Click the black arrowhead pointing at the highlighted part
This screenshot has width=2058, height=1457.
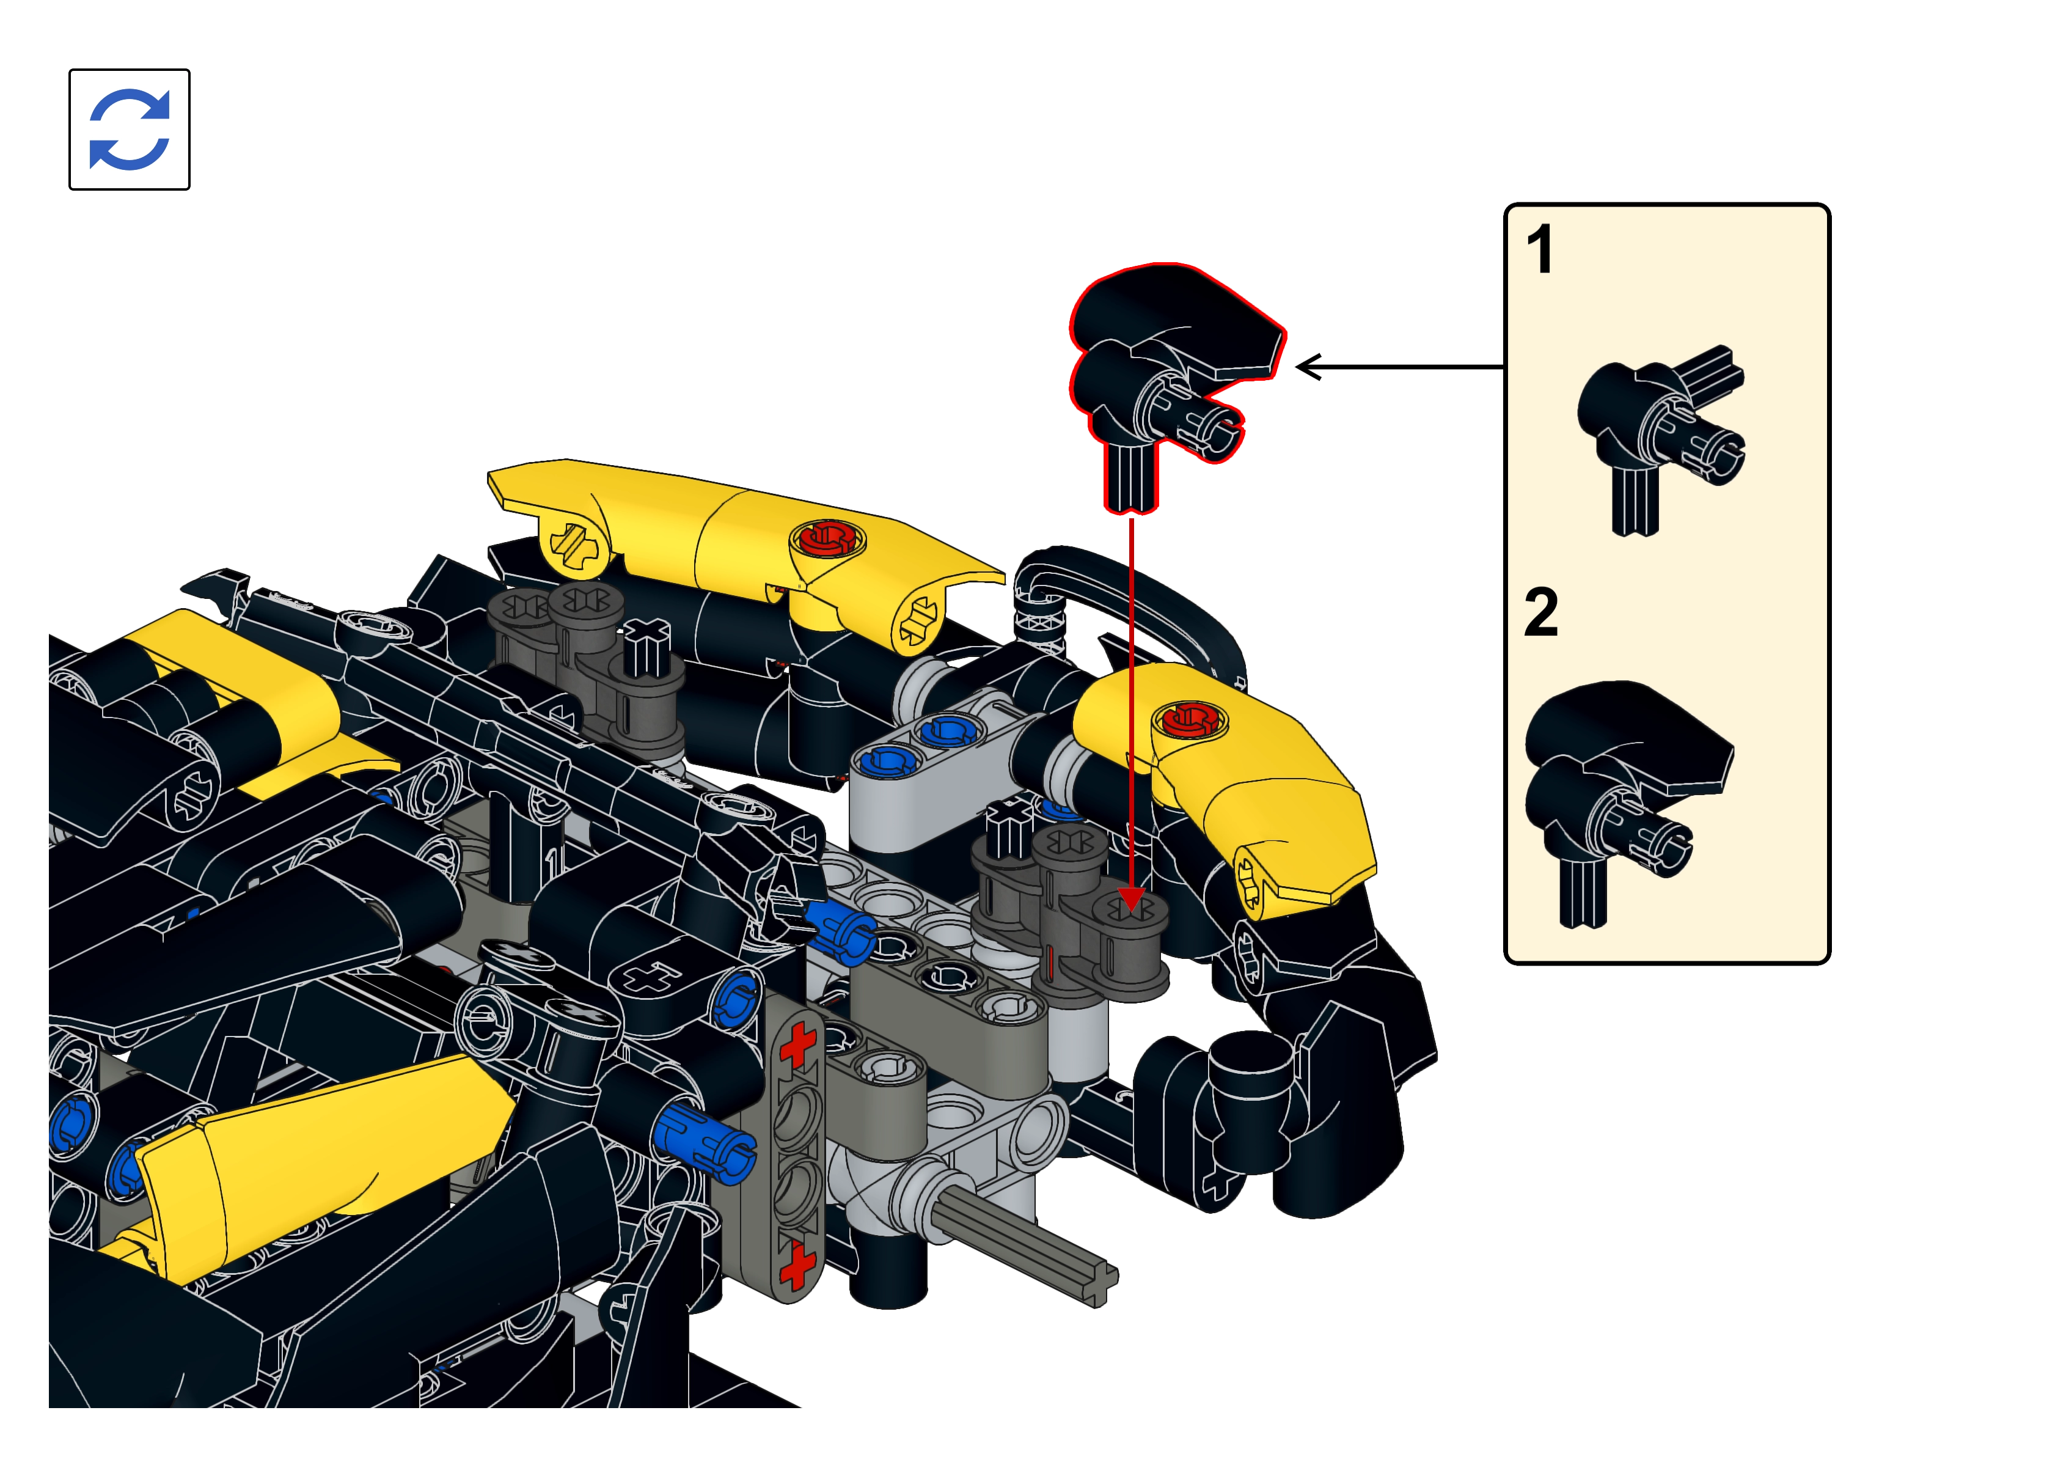click(1308, 367)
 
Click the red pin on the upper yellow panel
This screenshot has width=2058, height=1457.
click(827, 539)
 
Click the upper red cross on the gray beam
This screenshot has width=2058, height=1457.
click(797, 1045)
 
